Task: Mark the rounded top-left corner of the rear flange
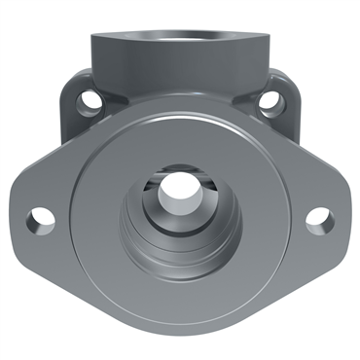pos(73,78)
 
